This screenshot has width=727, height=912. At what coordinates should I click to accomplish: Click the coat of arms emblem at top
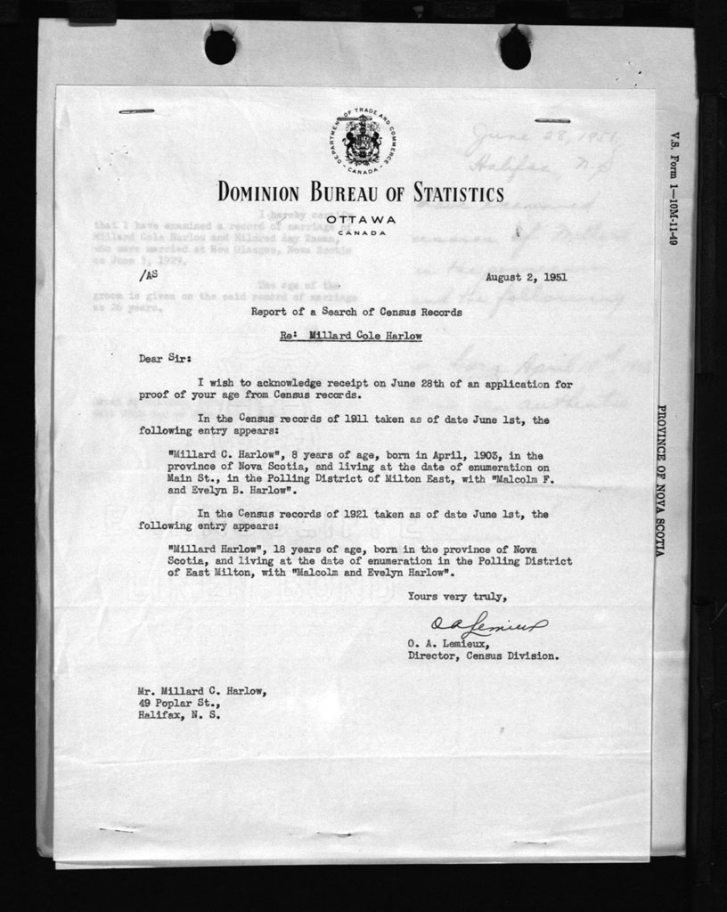(x=361, y=141)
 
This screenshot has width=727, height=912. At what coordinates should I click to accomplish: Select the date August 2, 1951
(x=527, y=277)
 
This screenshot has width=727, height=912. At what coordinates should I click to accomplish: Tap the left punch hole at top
(x=220, y=46)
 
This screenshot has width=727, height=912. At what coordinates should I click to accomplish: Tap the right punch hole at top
(x=515, y=48)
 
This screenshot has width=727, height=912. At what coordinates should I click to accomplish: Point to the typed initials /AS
(x=151, y=276)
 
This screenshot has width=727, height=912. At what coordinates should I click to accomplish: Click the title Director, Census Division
(x=483, y=656)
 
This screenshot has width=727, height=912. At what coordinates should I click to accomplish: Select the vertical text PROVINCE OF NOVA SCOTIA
(x=661, y=481)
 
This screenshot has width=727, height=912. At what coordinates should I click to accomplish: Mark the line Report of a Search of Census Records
(x=356, y=312)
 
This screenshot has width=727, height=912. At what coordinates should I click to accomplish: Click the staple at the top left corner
(x=136, y=111)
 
